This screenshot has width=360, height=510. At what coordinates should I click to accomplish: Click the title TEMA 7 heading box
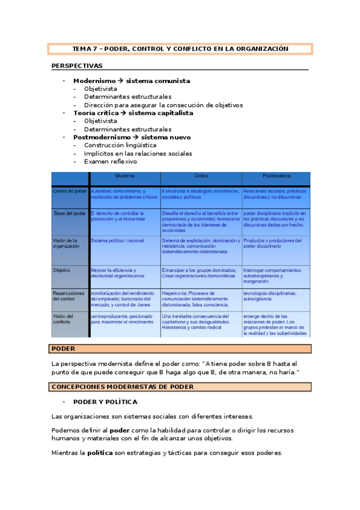click(x=180, y=49)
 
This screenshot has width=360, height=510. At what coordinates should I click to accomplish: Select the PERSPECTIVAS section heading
click(x=77, y=66)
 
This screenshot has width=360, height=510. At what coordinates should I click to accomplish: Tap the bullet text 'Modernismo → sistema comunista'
click(x=132, y=81)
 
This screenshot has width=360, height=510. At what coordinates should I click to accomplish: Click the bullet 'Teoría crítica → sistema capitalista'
click(x=133, y=113)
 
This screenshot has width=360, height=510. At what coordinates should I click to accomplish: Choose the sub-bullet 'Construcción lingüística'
click(x=120, y=145)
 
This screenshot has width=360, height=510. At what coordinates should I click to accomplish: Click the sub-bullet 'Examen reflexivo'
click(x=111, y=161)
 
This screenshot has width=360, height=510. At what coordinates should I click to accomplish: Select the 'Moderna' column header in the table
click(x=125, y=176)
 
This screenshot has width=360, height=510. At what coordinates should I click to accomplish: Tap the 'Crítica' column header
click(x=201, y=176)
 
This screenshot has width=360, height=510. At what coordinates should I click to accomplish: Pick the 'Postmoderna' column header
click(x=276, y=176)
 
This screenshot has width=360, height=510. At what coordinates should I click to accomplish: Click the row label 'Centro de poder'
click(x=70, y=191)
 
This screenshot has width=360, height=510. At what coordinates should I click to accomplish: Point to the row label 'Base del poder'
click(x=70, y=213)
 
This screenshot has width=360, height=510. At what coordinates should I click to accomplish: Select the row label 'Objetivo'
click(x=63, y=270)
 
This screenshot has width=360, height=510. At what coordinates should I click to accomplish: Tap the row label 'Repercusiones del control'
click(x=70, y=296)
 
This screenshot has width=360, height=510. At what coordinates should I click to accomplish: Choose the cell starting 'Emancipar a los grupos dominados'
click(x=200, y=274)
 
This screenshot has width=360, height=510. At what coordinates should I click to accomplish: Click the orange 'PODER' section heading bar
click(x=180, y=349)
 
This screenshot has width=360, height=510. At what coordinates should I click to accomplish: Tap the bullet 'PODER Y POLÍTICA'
click(x=105, y=402)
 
